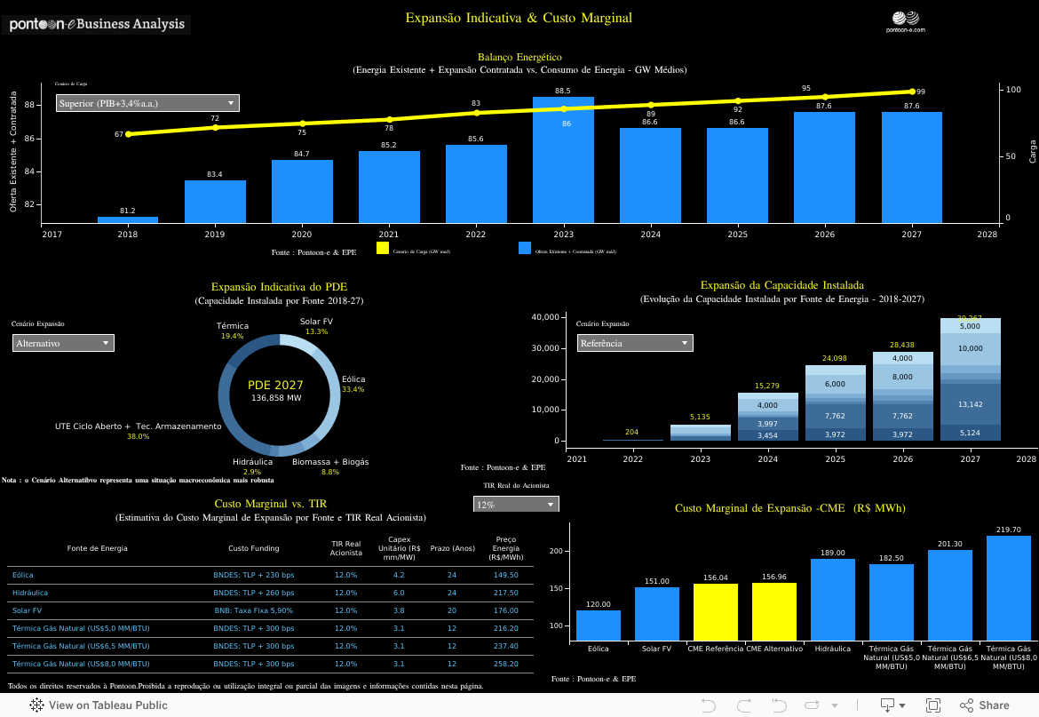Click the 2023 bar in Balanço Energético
563,160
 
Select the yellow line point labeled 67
129,134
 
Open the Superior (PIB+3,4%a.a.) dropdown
147,103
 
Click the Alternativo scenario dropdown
63,343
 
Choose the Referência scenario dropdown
634,343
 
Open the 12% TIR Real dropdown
516,505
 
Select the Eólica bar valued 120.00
599,625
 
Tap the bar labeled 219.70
1008,586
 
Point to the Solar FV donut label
316,322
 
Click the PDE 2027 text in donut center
275,386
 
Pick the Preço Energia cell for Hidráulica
505,593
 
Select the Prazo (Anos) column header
452,548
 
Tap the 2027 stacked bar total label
969,318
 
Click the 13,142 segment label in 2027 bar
970,404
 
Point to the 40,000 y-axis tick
543,317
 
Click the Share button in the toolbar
984,705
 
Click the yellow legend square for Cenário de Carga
383,249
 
